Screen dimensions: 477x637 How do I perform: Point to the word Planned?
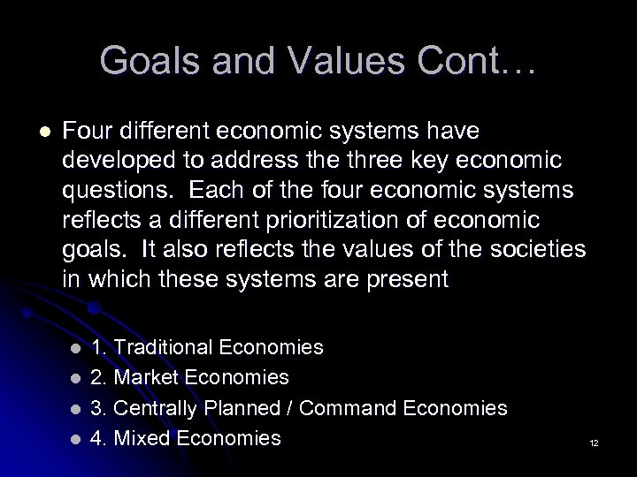coord(241,407)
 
